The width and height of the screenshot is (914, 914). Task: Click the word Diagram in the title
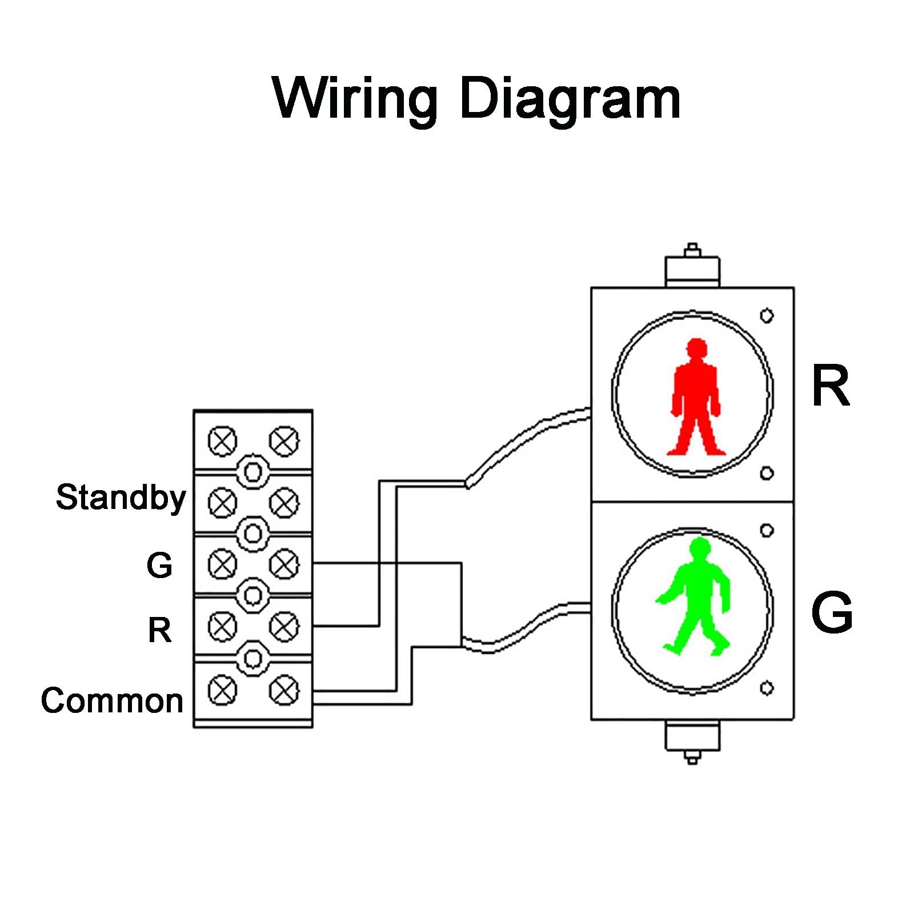click(570, 98)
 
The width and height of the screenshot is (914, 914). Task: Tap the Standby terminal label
click(121, 498)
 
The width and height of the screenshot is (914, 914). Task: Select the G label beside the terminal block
click(159, 565)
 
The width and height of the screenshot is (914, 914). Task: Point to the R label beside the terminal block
click(159, 630)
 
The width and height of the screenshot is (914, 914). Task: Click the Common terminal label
click(112, 700)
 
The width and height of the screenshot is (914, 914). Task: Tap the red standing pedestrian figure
click(695, 397)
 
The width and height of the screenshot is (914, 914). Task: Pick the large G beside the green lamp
click(832, 612)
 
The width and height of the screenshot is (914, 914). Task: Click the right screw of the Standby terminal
click(284, 503)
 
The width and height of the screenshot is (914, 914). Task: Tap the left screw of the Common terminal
click(222, 691)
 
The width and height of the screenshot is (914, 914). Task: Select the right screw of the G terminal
click(284, 564)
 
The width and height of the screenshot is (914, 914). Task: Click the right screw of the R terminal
click(284, 627)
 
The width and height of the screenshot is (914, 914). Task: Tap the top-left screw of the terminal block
click(222, 441)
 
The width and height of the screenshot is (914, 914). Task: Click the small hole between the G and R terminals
click(253, 596)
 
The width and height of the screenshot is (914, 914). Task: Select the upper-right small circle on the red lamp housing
click(767, 315)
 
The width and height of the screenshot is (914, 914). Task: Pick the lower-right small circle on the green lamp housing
click(767, 688)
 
